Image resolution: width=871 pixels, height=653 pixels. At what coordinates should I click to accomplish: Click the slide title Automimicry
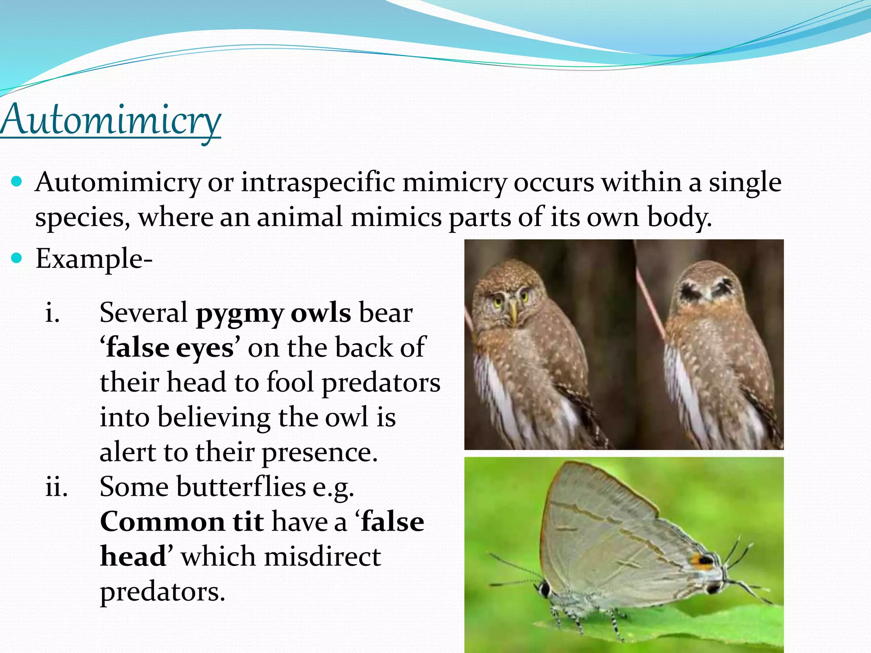(x=111, y=120)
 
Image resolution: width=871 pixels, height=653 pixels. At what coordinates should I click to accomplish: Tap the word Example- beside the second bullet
(x=94, y=258)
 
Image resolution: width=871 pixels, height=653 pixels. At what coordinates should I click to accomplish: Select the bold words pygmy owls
(x=273, y=314)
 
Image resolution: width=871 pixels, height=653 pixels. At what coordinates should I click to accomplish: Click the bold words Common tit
(x=182, y=522)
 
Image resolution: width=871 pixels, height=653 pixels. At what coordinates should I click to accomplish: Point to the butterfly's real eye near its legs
(x=544, y=589)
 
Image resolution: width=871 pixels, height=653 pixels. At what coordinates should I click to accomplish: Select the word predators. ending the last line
(x=162, y=592)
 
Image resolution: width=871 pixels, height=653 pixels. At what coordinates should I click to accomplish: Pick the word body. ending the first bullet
(x=679, y=217)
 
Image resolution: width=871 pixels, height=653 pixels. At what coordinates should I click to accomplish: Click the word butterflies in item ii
(x=241, y=487)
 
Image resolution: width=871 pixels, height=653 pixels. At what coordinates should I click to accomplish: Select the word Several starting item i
(x=144, y=314)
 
